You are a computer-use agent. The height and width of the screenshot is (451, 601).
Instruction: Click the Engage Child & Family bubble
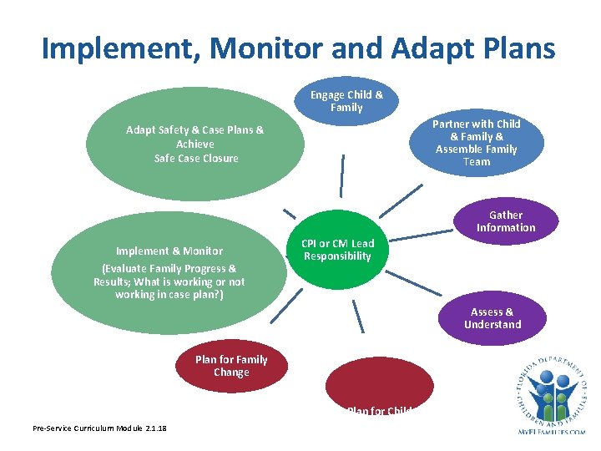coord(346,101)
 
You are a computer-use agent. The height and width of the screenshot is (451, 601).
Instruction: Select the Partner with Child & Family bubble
coord(477,142)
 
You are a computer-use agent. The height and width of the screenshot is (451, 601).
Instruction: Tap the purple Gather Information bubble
coord(506,221)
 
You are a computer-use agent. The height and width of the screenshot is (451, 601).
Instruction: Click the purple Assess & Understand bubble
coord(492,318)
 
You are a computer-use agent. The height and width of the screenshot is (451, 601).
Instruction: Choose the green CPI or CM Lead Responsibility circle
coord(338,250)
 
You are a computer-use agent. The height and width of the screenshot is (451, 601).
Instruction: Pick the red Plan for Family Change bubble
coord(231,367)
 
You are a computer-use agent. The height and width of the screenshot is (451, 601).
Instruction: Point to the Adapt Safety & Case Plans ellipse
coord(195,144)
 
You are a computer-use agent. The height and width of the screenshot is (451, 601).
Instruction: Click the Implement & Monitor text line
coord(169,251)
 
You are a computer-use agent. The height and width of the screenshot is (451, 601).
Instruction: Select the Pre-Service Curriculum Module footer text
coord(99,428)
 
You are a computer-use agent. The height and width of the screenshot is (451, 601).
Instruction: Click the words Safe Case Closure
coord(196,159)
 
